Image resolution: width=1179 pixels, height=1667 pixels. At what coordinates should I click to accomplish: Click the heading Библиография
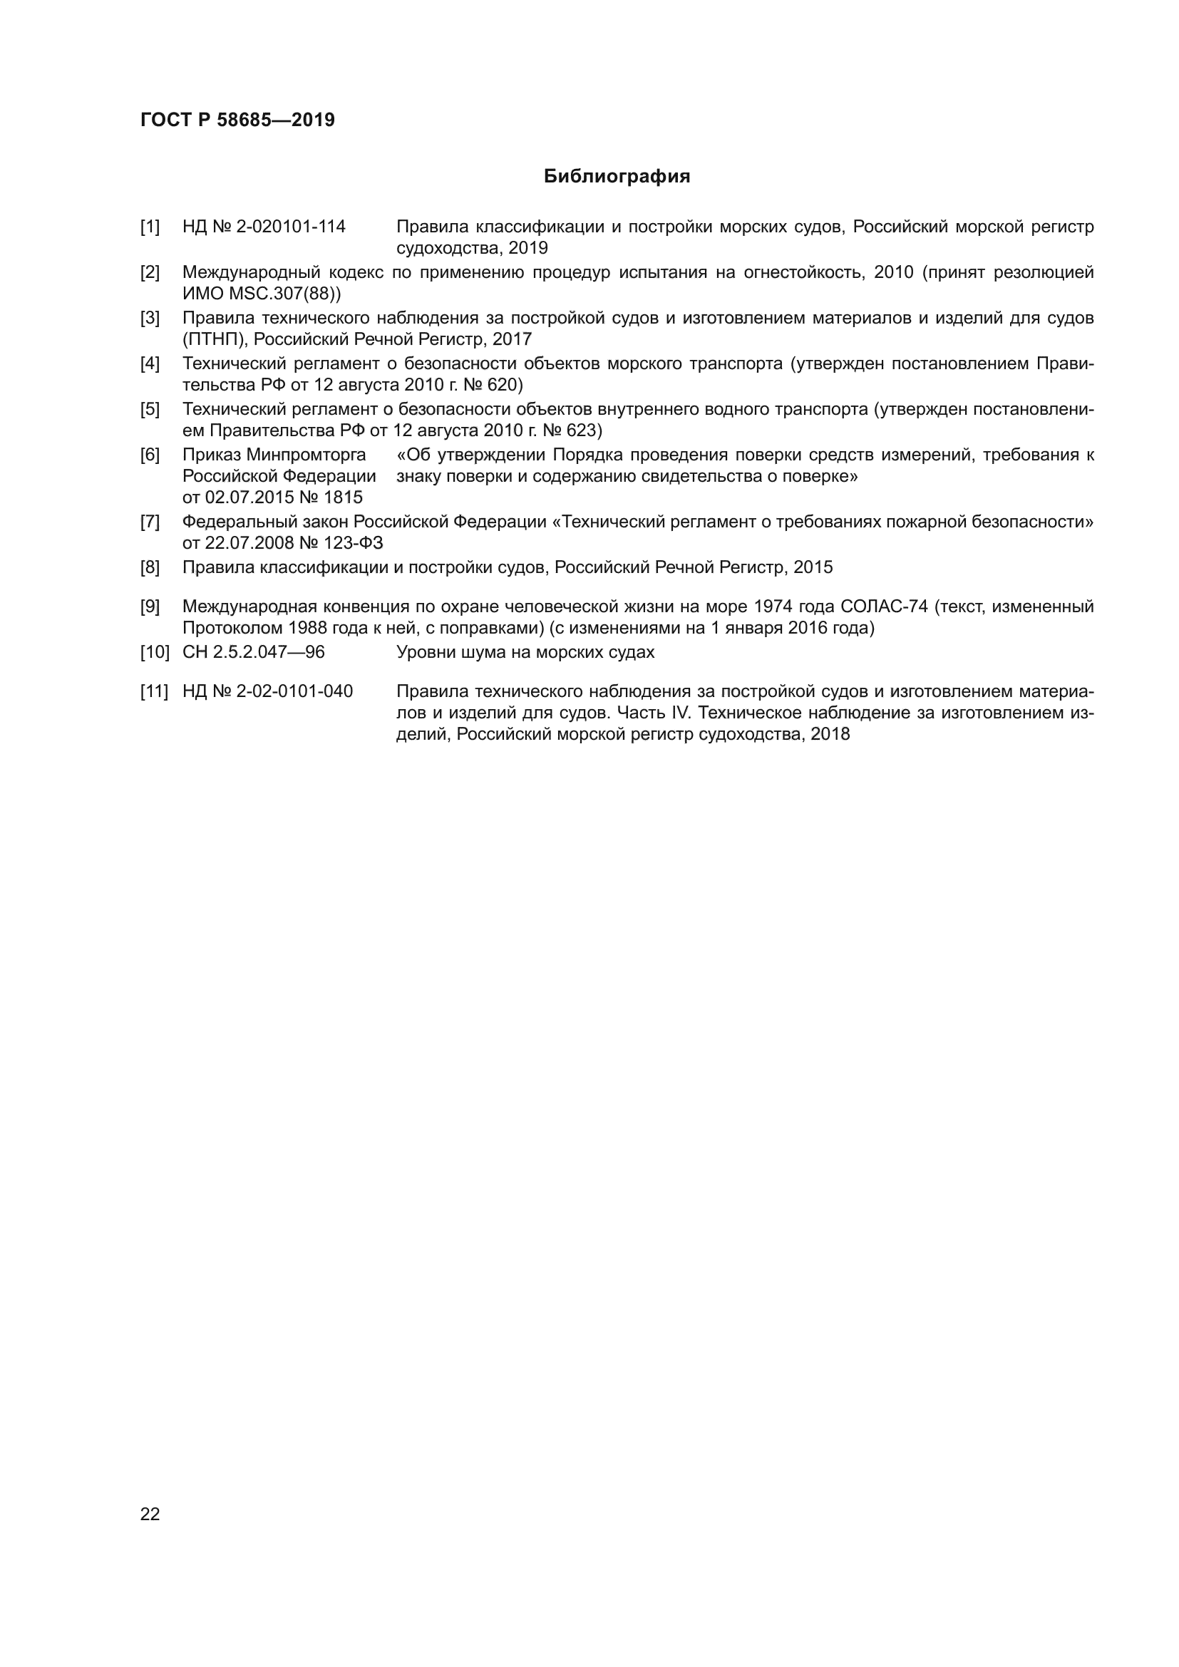617,177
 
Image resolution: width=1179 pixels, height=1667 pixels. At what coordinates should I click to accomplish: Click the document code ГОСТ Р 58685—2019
237,120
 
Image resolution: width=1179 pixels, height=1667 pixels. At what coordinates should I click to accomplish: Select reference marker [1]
150,227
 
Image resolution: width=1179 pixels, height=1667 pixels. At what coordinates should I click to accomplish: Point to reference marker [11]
154,691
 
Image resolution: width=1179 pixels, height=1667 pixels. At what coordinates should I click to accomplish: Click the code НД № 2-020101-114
264,227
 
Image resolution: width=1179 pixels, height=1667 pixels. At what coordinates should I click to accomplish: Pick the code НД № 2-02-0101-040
267,691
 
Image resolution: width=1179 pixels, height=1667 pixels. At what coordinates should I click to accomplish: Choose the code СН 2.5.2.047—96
253,652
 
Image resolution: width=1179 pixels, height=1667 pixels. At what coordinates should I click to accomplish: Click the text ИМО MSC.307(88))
262,294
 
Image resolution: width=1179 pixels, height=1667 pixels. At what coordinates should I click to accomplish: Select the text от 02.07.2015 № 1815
272,497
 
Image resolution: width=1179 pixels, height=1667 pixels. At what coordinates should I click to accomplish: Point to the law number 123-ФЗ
357,543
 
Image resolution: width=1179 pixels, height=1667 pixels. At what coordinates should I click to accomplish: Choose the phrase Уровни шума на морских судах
525,652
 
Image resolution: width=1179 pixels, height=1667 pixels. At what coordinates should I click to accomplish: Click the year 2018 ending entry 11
830,734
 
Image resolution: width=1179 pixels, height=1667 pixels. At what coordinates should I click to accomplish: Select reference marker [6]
150,455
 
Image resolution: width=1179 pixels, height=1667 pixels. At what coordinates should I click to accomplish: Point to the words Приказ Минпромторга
274,455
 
